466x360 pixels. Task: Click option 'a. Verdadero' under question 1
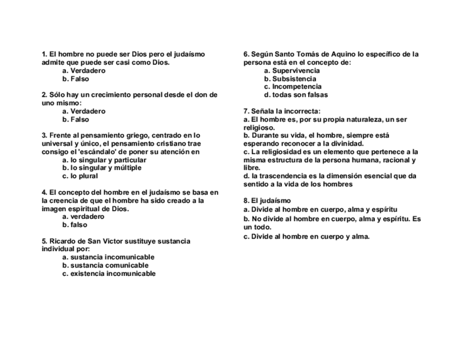(x=84, y=71)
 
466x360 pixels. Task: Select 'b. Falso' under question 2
(x=76, y=119)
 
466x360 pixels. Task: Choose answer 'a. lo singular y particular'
(x=104, y=160)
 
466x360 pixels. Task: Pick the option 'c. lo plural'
(x=80, y=176)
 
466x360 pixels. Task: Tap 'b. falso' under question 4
(x=75, y=225)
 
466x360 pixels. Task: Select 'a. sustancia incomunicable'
(x=108, y=257)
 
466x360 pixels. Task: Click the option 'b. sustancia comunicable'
(x=106, y=265)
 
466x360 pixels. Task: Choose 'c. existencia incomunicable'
(x=109, y=274)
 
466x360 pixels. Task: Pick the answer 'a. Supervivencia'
(x=292, y=71)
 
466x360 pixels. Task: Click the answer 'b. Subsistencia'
(x=290, y=79)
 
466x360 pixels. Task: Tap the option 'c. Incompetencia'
(x=293, y=87)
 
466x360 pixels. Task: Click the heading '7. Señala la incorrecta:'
(x=282, y=111)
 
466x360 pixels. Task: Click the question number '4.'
(x=45, y=192)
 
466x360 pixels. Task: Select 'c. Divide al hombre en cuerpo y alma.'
(x=307, y=237)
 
